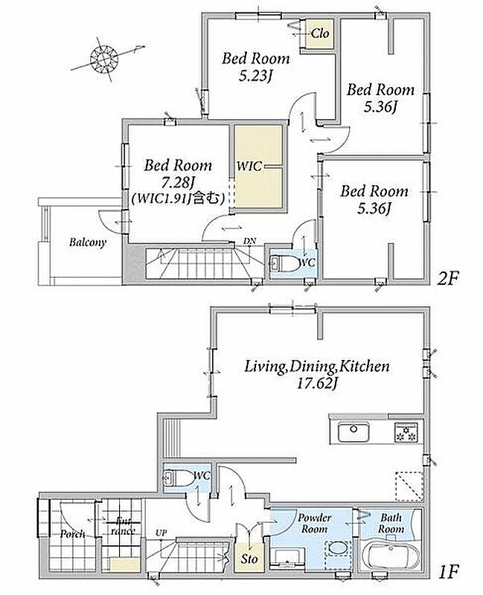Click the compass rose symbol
pyautogui.click(x=104, y=59)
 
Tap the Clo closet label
pyautogui.click(x=320, y=33)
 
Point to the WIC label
pyautogui.click(x=249, y=166)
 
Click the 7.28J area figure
pyautogui.click(x=178, y=183)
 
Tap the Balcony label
pyautogui.click(x=88, y=242)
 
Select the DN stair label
pyautogui.click(x=249, y=241)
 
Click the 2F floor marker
pyautogui.click(x=449, y=279)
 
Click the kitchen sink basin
pyautogui.click(x=354, y=431)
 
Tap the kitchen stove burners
pyautogui.click(x=406, y=432)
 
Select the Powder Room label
pyautogui.click(x=314, y=523)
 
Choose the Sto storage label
pyautogui.click(x=249, y=559)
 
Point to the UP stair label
pyautogui.click(x=161, y=533)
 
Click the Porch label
pyautogui.click(x=72, y=533)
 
